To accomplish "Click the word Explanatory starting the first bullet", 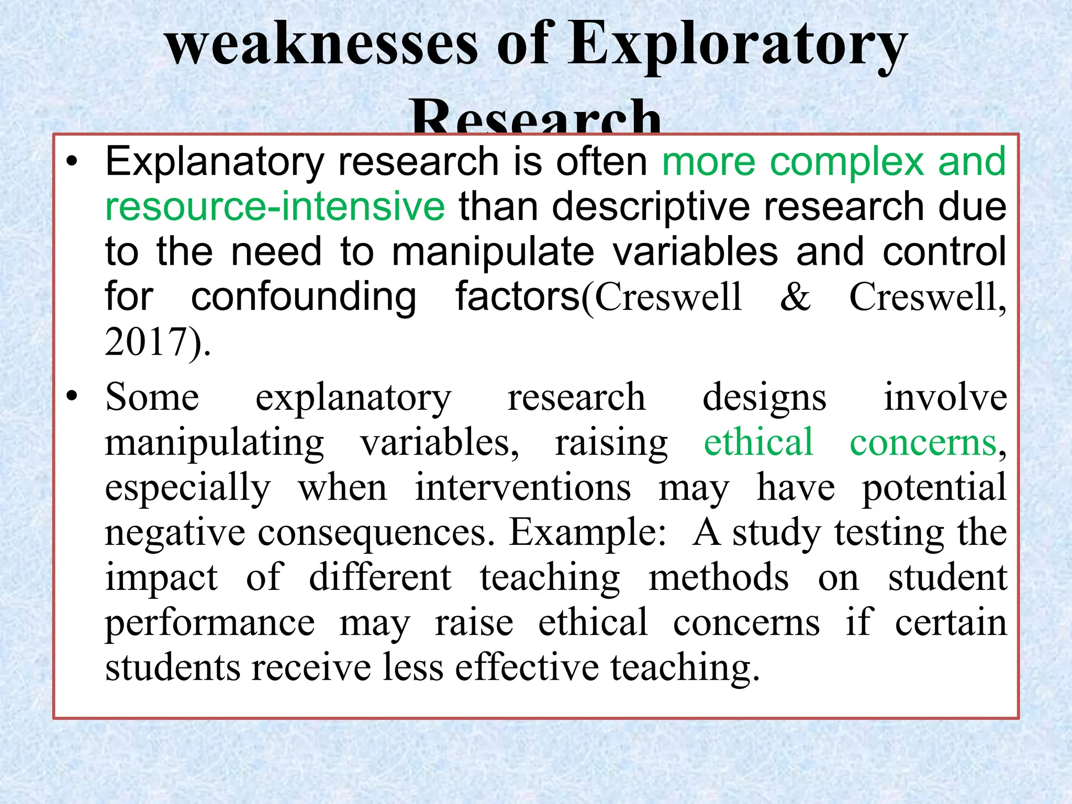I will tap(215, 162).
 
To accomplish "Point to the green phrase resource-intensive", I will tap(275, 207).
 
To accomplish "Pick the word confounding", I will tap(304, 297).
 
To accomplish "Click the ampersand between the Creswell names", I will tap(795, 297).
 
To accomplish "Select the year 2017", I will tap(147, 342).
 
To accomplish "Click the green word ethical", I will tap(758, 442).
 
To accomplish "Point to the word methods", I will tap(718, 577).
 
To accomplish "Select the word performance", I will tap(210, 622).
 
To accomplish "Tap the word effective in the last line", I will tap(527, 667).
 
